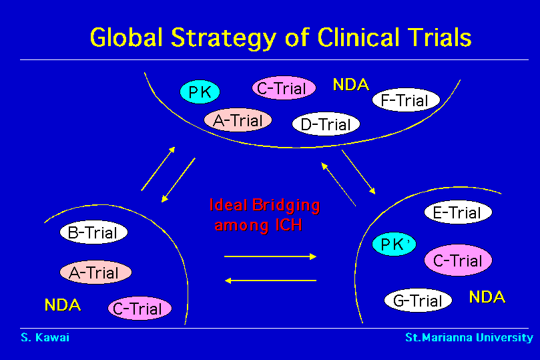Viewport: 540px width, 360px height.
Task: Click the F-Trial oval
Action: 406,100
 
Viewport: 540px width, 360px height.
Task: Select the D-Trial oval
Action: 326,124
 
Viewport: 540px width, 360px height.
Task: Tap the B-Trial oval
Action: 93,232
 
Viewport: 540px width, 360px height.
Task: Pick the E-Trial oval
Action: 458,212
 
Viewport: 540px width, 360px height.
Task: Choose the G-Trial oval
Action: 418,301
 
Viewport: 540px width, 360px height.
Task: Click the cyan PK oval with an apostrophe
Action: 394,244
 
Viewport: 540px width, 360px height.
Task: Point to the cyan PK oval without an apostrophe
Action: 200,92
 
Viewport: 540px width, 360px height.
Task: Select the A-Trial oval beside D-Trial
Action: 238,120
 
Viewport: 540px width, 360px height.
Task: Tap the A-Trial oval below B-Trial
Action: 95,272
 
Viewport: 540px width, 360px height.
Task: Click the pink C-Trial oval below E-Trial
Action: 458,260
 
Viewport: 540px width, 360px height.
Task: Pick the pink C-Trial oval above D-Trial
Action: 284,88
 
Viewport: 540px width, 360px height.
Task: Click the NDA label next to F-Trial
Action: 351,85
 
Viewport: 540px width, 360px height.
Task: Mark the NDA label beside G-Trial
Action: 487,297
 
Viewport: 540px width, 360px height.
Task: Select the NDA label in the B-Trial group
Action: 63,305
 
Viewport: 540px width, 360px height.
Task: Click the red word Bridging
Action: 286,206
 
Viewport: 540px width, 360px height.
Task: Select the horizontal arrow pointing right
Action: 270,256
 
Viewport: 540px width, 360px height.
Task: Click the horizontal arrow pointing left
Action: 270,281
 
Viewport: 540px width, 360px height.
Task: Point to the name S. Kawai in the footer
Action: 45,337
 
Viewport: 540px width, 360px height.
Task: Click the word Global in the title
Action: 126,37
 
